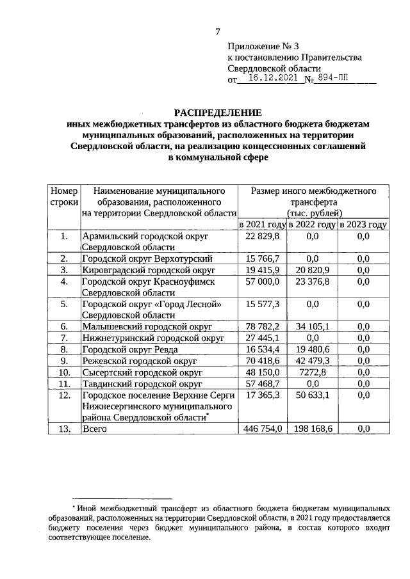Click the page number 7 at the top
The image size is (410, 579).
click(x=217, y=31)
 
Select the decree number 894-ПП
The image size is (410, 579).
click(x=334, y=80)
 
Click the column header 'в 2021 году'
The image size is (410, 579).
click(x=262, y=225)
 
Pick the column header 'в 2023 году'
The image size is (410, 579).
click(x=363, y=225)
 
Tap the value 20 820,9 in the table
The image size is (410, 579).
click(x=313, y=270)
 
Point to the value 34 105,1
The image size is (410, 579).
click(x=313, y=326)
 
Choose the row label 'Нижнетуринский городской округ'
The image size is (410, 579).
click(x=152, y=338)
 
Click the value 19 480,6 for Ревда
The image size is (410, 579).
click(x=313, y=349)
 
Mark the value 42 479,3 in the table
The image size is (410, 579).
click(x=313, y=361)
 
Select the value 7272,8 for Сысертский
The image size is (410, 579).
click(x=313, y=372)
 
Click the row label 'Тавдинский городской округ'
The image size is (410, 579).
click(x=142, y=384)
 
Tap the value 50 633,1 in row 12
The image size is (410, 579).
click(x=313, y=395)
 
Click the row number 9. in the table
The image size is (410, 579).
click(x=64, y=361)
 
